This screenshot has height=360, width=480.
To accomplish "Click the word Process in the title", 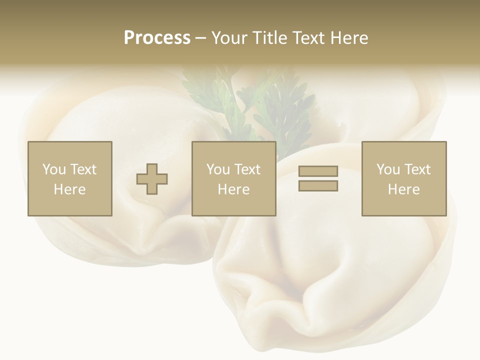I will pyautogui.click(x=157, y=38).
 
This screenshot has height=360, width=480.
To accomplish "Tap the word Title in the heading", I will pyautogui.click(x=270, y=38).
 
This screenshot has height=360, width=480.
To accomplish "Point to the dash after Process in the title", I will pyautogui.click(x=201, y=38).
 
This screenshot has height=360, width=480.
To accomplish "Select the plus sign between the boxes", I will pyautogui.click(x=152, y=179).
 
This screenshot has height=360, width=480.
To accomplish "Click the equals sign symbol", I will pyautogui.click(x=318, y=178).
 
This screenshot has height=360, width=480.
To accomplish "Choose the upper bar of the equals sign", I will pyautogui.click(x=318, y=171).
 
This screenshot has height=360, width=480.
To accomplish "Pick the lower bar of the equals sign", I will pyautogui.click(x=318, y=185).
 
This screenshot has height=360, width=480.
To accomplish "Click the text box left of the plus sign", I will pyautogui.click(x=69, y=178).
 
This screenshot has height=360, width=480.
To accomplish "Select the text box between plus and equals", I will pyautogui.click(x=233, y=178).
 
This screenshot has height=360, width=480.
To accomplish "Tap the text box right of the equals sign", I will pyautogui.click(x=403, y=178).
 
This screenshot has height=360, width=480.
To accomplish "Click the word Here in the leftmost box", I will pyautogui.click(x=69, y=189).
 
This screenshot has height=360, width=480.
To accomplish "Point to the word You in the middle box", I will pyautogui.click(x=218, y=169).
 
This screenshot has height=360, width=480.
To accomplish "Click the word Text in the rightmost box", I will pyautogui.click(x=418, y=169).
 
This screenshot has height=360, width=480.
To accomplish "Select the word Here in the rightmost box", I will pyautogui.click(x=403, y=189).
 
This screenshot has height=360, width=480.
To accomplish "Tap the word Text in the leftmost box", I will pyautogui.click(x=84, y=169).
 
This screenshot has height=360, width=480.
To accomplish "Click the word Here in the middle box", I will pyautogui.click(x=233, y=189).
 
